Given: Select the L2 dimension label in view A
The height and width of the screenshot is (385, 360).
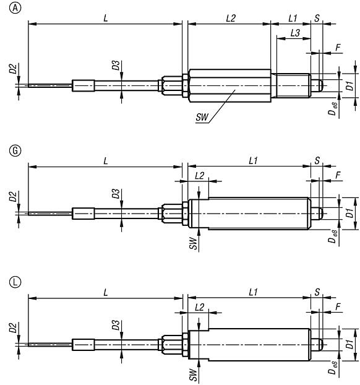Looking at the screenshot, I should point(230,19).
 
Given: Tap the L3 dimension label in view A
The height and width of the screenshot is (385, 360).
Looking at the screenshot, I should point(296,35).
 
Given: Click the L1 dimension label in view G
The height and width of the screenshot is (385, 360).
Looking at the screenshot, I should point(252,161).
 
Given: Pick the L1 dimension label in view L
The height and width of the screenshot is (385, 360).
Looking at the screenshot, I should point(252,292).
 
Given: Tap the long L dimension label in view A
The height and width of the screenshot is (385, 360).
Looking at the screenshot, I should point(106,19).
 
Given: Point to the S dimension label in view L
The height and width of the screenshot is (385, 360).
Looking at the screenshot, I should point(317,292).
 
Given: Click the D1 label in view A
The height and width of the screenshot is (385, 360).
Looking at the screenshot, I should point(349,86).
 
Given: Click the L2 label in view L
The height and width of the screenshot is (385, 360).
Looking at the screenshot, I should point(199,307).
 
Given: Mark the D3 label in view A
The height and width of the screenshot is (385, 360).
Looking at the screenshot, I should point(115,66).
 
